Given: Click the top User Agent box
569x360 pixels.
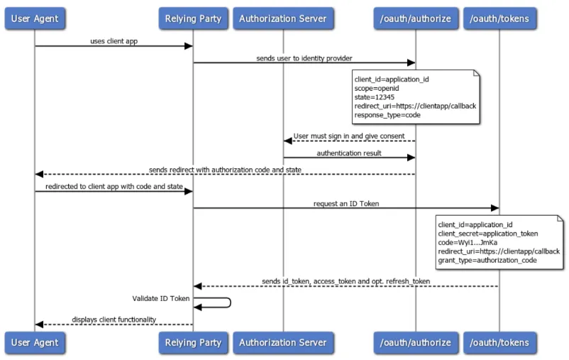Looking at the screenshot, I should tap(35, 18).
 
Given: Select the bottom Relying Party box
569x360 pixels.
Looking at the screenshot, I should tap(194, 342).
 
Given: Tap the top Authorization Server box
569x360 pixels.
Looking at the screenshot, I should tap(283, 18).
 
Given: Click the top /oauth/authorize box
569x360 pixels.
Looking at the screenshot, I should tap(415, 18).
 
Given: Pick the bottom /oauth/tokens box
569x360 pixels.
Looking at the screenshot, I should tap(499, 342).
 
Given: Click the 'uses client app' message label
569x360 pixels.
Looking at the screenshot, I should tap(114, 41).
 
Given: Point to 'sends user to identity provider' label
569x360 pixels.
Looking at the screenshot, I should tap(304, 58).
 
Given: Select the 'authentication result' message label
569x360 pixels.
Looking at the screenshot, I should tap(349, 152).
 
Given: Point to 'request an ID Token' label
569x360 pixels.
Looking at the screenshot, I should tap(346, 203).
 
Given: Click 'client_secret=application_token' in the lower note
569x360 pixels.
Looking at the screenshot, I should tap(488, 234).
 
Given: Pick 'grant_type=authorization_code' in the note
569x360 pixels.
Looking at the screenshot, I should tap(488, 261).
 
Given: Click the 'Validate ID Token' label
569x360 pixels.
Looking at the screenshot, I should tap(160, 298).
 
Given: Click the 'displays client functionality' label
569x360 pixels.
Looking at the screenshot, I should tap(114, 320).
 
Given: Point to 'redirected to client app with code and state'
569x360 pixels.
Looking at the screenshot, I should tap(114, 186).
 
